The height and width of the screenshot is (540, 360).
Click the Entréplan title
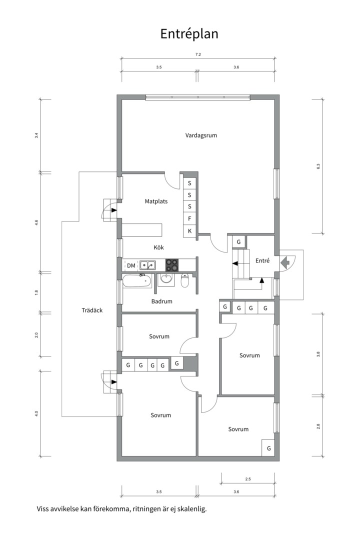pyautogui.click(x=189, y=33)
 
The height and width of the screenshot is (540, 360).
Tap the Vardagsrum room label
pyautogui.click(x=201, y=135)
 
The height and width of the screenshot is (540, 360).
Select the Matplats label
pyautogui.click(x=156, y=202)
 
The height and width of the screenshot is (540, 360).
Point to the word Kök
pyautogui.click(x=159, y=247)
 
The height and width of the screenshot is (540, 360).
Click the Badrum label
pyautogui.click(x=162, y=301)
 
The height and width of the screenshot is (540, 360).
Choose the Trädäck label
pyautogui.click(x=92, y=310)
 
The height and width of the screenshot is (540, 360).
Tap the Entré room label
pyautogui.click(x=262, y=261)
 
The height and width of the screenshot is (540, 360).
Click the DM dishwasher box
pyautogui.click(x=131, y=265)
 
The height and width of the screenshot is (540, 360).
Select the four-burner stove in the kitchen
pyautogui.click(x=172, y=265)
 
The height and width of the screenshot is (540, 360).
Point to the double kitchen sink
pyautogui.click(x=147, y=265)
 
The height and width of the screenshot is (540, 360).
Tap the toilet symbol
pyautogui.click(x=185, y=282)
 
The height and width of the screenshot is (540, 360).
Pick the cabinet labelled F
pyautogui.click(x=189, y=219)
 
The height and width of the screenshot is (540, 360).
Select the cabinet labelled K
pyautogui.click(x=189, y=231)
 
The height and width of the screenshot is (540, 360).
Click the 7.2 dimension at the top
pyautogui.click(x=198, y=54)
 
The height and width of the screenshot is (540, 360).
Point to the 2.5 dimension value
pyautogui.click(x=248, y=479)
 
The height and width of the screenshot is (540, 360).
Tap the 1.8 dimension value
pyautogui.click(x=36, y=292)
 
